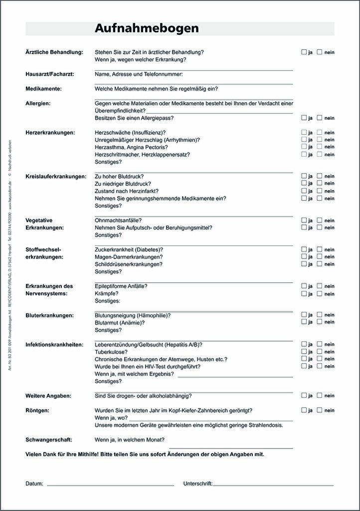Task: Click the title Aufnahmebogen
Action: tap(147, 28)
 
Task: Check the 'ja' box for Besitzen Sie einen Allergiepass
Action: tap(304, 118)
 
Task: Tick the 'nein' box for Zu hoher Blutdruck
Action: tap(320, 176)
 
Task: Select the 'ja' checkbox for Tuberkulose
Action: tap(304, 351)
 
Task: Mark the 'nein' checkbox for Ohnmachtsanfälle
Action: tap(320, 220)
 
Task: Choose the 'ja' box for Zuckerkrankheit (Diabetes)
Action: tap(304, 249)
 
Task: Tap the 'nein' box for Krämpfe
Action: tap(320, 293)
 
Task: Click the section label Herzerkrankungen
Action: tap(50, 133)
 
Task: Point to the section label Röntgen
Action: tap(37, 411)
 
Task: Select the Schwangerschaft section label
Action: tap(49, 440)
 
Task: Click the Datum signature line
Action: tap(110, 484)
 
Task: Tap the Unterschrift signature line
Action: tap(273, 484)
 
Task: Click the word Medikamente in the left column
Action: tap(43, 89)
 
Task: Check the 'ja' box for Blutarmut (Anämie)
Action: tap(304, 322)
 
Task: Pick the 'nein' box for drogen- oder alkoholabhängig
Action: tap(320, 395)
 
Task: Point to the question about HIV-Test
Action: tap(148, 366)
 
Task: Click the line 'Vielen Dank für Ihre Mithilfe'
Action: tap(145, 455)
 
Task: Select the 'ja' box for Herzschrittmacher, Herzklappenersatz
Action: tap(304, 154)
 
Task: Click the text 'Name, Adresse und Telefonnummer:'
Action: tap(139, 74)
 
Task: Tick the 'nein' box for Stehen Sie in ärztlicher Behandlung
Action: tap(320, 52)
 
